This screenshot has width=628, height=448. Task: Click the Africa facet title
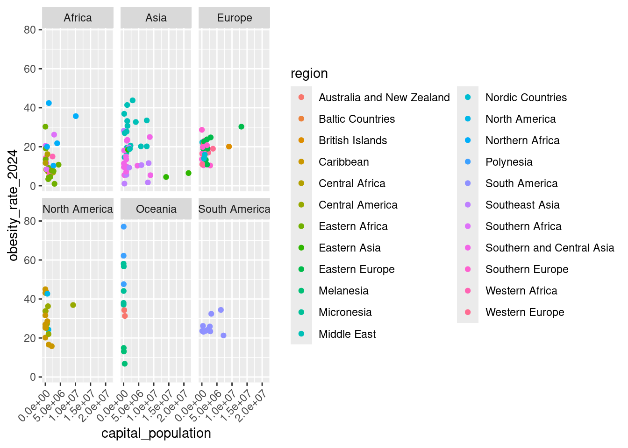click(x=78, y=18)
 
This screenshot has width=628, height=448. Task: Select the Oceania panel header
click(x=156, y=209)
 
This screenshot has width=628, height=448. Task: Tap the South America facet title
click(x=234, y=209)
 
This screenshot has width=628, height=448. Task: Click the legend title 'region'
click(x=309, y=73)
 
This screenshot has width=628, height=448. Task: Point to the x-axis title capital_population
click(x=156, y=433)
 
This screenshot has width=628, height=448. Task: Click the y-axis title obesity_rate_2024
click(x=13, y=205)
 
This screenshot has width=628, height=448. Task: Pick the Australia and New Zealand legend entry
click(x=384, y=98)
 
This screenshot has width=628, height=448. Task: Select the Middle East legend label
click(x=347, y=334)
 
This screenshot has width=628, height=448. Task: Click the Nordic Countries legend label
click(x=526, y=98)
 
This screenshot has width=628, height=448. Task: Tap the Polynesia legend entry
click(x=509, y=162)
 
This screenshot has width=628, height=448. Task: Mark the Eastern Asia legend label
click(x=350, y=248)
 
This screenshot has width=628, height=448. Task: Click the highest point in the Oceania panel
click(x=123, y=227)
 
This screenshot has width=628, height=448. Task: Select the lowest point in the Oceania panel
click(x=124, y=364)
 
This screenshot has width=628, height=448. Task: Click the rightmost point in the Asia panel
click(x=188, y=173)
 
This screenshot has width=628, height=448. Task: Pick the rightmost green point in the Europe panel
click(x=241, y=127)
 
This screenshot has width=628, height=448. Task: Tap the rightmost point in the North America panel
click(x=73, y=305)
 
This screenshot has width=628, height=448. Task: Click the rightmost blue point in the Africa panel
click(x=76, y=116)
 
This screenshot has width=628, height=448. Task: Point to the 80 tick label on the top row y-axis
click(x=30, y=30)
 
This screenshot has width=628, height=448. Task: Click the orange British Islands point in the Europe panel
click(x=229, y=147)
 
